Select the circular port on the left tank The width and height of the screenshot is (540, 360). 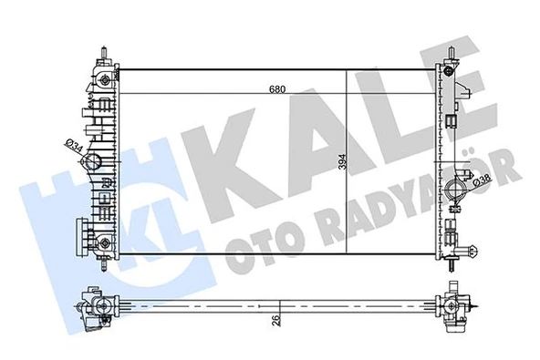[93, 164]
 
